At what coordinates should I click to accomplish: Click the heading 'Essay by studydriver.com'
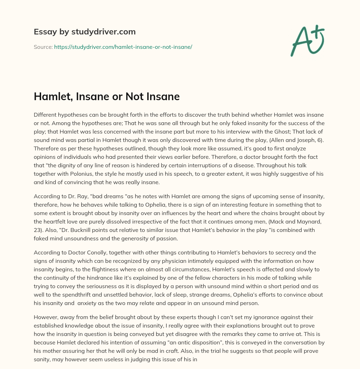click(85, 32)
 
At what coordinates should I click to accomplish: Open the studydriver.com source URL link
click(123, 47)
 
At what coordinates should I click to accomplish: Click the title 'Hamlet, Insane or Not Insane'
click(107, 97)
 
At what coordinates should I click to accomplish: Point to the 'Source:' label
click(43, 47)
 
